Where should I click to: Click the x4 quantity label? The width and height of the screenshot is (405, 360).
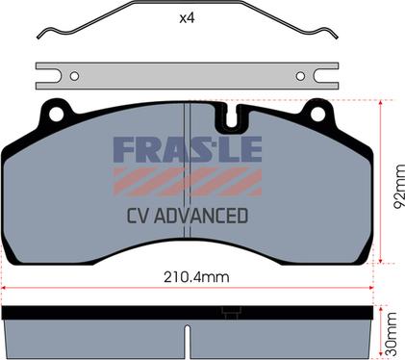pos(187,18)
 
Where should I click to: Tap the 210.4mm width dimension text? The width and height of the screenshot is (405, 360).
pos(196,277)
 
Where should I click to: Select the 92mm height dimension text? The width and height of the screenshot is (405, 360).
pos(399,186)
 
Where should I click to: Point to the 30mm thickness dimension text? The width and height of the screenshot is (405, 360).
pos(392,334)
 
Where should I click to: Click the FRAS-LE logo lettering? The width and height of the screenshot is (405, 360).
pos(188,149)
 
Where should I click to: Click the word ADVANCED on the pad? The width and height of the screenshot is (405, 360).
pos(201,216)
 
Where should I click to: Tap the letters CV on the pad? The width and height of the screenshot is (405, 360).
pos(139,216)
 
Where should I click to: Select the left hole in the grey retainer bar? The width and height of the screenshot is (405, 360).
pos(74,76)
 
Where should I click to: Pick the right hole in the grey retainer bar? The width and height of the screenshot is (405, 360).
pos(300,76)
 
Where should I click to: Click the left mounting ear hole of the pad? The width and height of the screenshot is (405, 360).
pos(56,115)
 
